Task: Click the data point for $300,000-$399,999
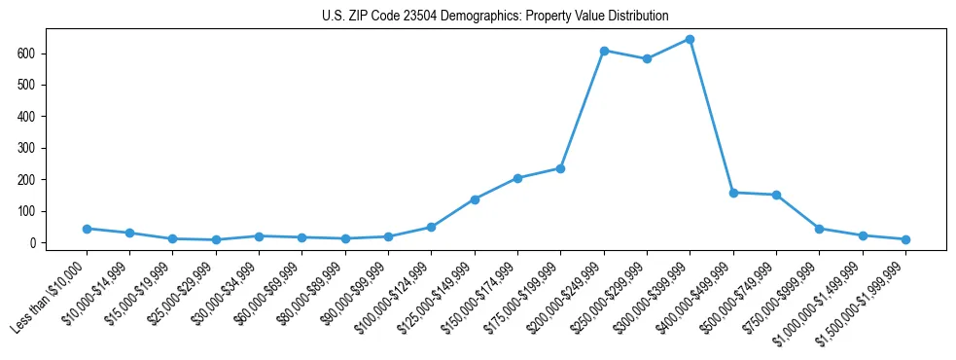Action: [690, 39]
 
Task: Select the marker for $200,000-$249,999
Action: [604, 51]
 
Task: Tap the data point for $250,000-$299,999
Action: [647, 59]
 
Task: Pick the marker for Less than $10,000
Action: [87, 229]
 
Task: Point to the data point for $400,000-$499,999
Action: [733, 193]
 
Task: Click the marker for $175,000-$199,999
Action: [560, 168]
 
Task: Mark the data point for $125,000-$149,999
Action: [475, 199]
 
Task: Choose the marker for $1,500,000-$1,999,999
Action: [905, 239]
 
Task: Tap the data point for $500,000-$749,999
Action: [776, 195]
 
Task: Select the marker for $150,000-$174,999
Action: [517, 178]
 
